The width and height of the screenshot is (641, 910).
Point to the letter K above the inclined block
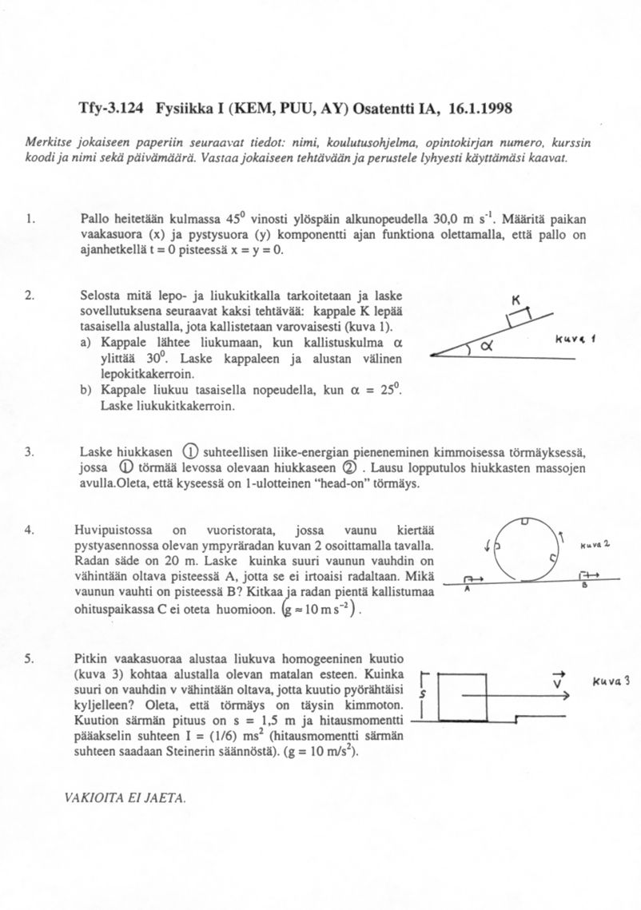(x=516, y=300)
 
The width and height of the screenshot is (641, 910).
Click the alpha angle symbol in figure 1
(x=487, y=346)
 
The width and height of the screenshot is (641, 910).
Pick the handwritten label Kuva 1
(x=571, y=339)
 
